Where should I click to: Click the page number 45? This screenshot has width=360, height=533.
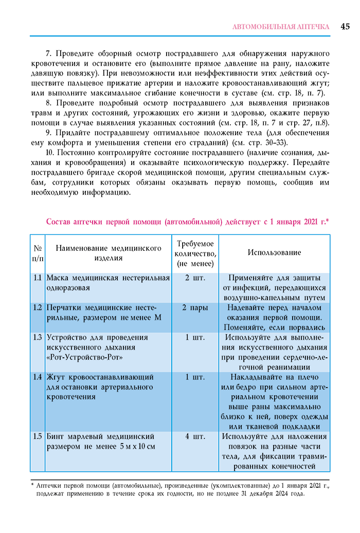pyautogui.click(x=345, y=26)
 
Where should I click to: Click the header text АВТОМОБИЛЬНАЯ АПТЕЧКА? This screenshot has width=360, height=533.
pyautogui.click(x=281, y=27)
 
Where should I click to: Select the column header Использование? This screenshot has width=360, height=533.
pyautogui.click(x=274, y=252)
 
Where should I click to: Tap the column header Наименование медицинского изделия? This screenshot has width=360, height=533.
pyautogui.click(x=109, y=253)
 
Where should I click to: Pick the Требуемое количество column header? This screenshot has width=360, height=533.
pyautogui.click(x=195, y=253)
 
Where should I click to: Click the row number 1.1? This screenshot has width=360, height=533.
pyautogui.click(x=37, y=278)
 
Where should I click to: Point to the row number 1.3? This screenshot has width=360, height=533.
pyautogui.click(x=37, y=338)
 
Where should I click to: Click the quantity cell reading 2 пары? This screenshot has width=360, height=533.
pyautogui.click(x=195, y=308)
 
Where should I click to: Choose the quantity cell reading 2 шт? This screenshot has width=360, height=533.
pyautogui.click(x=195, y=278)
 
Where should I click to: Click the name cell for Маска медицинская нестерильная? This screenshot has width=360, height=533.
pyautogui.click(x=108, y=283)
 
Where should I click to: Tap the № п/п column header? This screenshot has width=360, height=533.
pyautogui.click(x=38, y=253)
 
